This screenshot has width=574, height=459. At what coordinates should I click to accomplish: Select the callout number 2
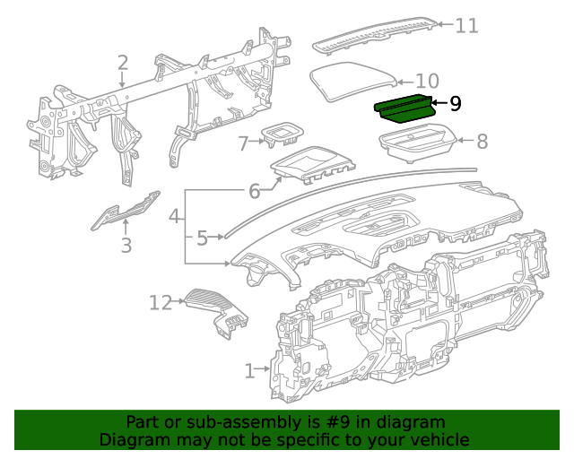tap(123, 62)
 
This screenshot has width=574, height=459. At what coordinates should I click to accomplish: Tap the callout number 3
tap(126, 245)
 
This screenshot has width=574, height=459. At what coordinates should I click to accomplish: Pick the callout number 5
tap(202, 238)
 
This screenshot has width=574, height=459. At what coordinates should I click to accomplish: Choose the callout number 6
tap(254, 191)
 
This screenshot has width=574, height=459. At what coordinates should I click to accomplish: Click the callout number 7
tap(243, 143)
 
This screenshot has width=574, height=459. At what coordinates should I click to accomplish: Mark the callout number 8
tap(482, 141)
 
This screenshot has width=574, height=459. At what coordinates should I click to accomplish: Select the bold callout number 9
tap(455, 104)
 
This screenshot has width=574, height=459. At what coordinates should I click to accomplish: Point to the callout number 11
tap(466, 25)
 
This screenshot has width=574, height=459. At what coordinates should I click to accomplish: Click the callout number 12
tap(160, 303)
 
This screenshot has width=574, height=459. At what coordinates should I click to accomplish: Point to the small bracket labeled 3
tap(125, 211)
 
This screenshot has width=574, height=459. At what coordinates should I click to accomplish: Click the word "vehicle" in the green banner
tap(435, 439)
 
